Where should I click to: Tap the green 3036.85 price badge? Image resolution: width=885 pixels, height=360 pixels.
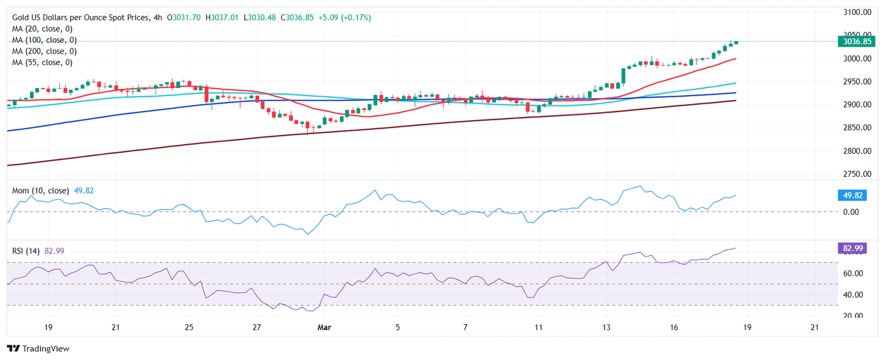pos(857,41)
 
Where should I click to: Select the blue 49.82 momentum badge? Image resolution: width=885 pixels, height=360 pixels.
pos(852,195)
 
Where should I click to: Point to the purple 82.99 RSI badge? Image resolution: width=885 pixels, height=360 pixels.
pos(852,248)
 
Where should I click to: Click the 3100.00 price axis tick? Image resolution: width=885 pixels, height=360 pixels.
pos(855,12)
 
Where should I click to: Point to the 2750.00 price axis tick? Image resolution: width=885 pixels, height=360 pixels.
pos(855,174)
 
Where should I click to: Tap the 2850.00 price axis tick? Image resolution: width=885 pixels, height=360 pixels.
pos(855,128)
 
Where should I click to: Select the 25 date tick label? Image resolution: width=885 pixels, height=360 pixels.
pos(188,328)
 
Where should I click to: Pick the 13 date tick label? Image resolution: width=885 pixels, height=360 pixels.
pos(606,328)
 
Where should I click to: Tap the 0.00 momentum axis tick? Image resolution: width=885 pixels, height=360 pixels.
pos(850,212)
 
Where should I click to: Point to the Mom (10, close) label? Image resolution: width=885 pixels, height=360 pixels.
pos(40,191)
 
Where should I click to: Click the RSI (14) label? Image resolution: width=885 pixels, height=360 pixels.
pos(26,251)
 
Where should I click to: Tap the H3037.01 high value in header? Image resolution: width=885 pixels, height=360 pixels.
pos(219,18)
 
